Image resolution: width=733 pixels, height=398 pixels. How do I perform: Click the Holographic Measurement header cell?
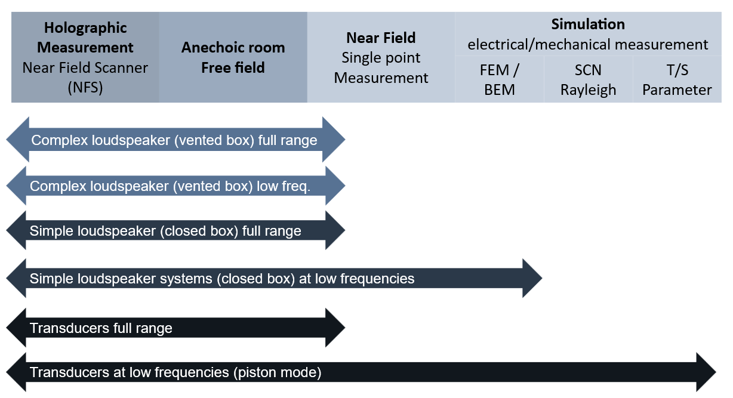point(85,57)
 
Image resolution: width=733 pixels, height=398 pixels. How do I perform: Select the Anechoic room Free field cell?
point(233,57)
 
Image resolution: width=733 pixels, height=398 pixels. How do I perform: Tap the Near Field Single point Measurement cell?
point(381,57)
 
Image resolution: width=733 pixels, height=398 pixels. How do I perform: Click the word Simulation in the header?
point(588,24)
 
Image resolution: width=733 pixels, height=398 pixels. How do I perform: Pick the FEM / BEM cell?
point(500,79)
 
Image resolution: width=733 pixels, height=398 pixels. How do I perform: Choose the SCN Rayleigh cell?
point(589,79)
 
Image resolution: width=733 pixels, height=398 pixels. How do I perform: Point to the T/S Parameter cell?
point(677,79)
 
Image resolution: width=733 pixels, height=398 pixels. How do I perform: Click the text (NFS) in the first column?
point(85,88)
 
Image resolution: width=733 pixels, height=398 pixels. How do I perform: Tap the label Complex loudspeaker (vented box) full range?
point(174,140)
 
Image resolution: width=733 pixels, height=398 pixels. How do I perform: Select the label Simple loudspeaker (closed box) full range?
point(165,231)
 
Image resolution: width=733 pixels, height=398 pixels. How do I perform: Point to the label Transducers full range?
point(101,328)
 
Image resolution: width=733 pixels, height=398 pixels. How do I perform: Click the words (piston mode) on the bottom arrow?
point(278,372)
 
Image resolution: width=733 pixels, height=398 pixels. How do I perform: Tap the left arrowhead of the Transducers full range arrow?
point(16,328)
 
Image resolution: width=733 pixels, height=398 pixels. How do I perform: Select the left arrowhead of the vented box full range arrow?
point(18,139)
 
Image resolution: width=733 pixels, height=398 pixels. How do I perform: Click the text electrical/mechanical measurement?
point(588,45)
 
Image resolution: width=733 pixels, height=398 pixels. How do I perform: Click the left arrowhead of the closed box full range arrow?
point(16,230)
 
